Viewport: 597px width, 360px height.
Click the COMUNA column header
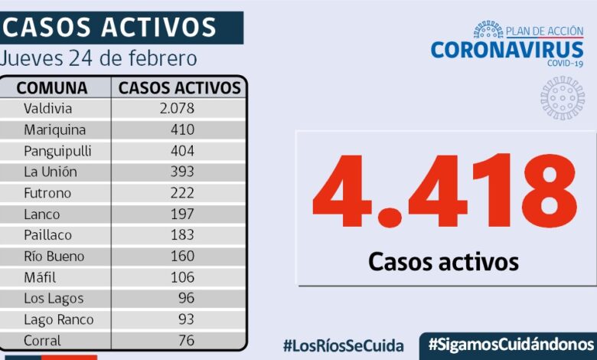coord(52,87)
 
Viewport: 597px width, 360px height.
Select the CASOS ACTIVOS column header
coord(180,87)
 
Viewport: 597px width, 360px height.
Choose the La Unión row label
coord(50,172)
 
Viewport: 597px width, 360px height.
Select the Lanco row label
coord(41,214)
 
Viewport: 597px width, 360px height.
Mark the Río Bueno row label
coord(54,257)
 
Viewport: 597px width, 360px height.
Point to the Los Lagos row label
coord(54,299)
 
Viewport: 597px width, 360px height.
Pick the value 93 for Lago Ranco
coord(186,319)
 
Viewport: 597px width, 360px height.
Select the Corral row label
coord(43,340)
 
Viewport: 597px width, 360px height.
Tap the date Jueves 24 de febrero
coord(99,58)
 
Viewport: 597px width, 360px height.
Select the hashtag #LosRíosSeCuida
coord(343,345)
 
